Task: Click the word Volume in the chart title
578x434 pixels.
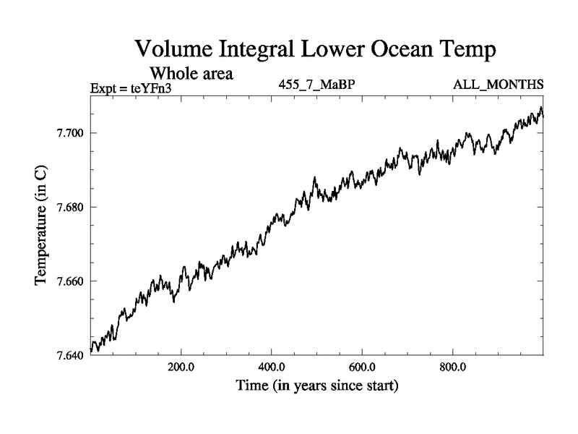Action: point(176,50)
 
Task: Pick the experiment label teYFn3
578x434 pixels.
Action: point(150,89)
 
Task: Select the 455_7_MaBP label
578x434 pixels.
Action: point(316,85)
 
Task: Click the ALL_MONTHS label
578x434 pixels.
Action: point(498,85)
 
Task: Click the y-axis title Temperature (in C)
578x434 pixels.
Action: point(43,224)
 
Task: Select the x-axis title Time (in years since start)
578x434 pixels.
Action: point(317,386)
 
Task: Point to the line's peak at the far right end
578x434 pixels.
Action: point(540,109)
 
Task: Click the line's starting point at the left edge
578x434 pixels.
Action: point(91,351)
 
